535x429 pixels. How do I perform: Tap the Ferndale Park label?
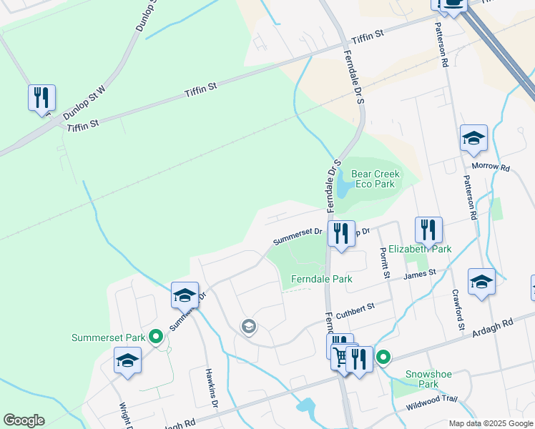(x=321, y=279)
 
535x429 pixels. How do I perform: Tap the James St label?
(x=420, y=274)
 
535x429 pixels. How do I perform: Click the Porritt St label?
(x=385, y=263)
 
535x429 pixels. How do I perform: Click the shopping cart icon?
(x=341, y=357)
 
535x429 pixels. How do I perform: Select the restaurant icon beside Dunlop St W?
(x=41, y=97)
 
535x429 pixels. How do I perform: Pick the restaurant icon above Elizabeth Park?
(x=428, y=230)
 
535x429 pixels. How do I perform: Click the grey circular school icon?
(x=248, y=327)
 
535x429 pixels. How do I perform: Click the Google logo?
(x=24, y=420)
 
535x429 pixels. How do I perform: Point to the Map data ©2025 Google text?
(x=490, y=423)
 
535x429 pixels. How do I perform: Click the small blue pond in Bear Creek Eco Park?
(x=343, y=185)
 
